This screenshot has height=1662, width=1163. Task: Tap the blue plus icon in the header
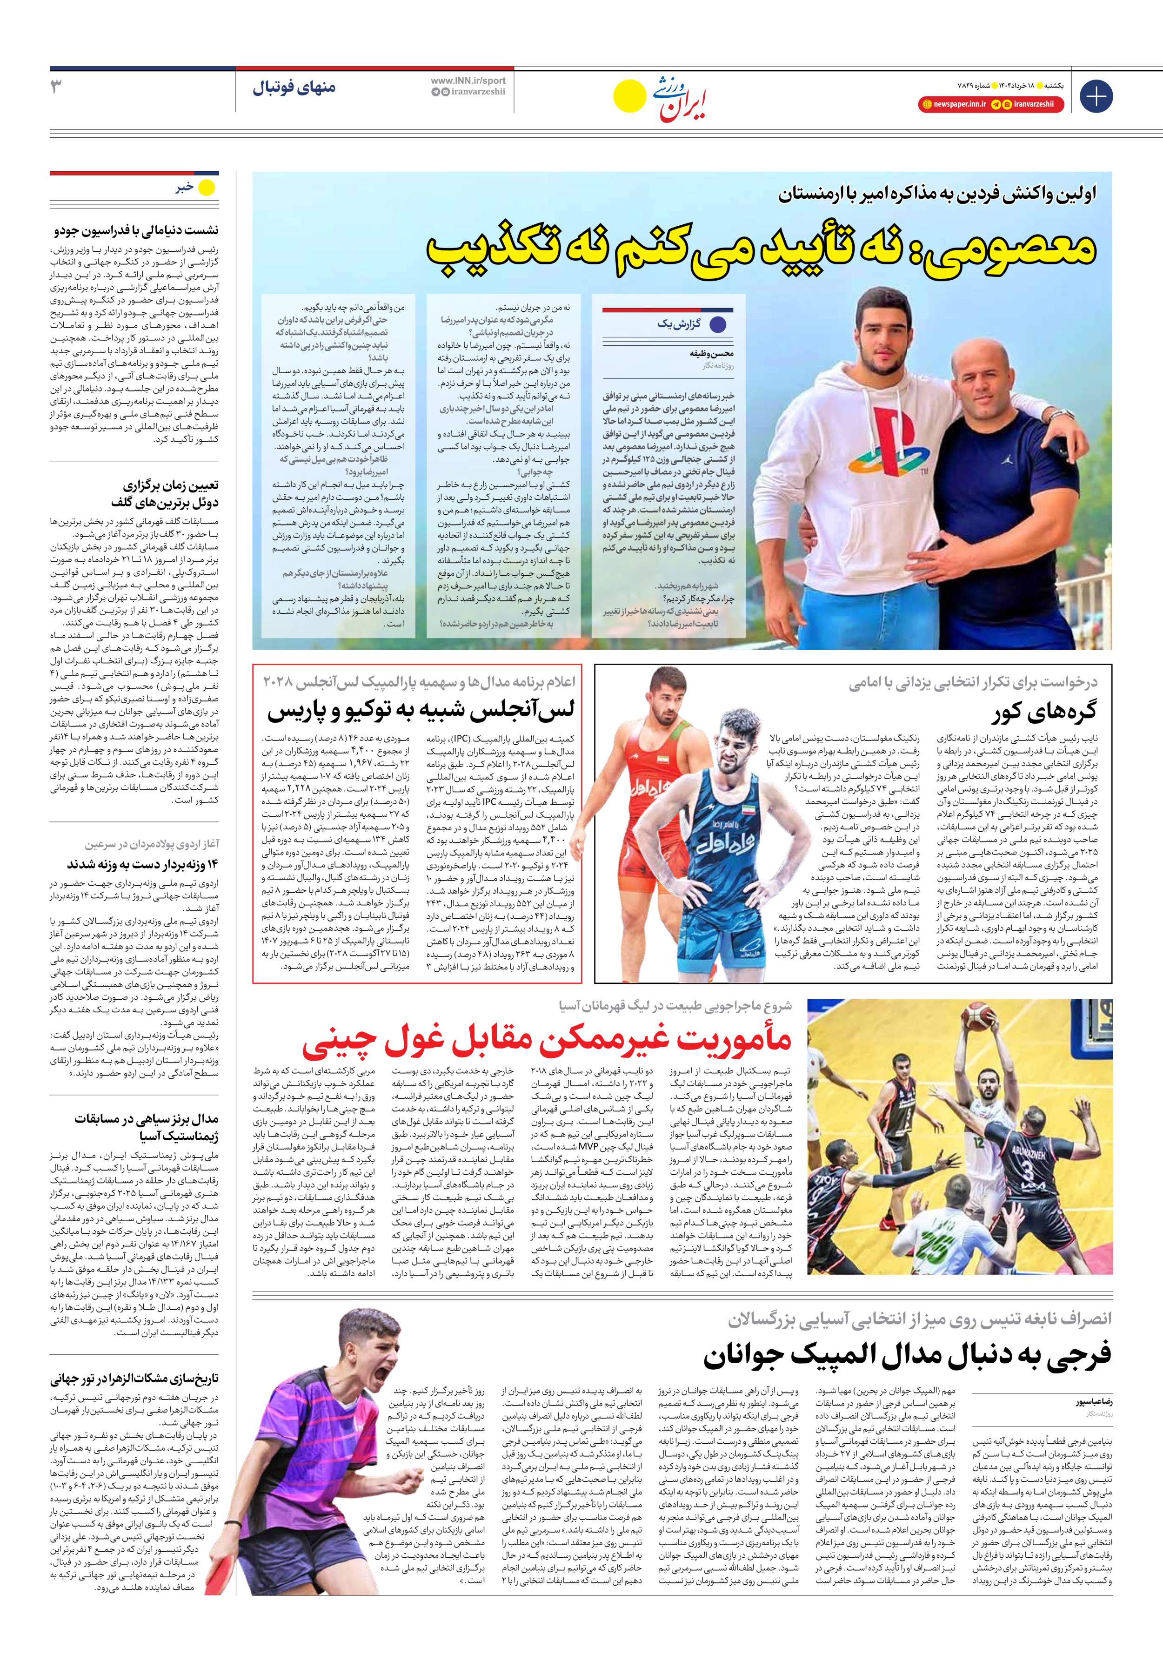point(1096,96)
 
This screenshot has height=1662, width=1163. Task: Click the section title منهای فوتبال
point(294,87)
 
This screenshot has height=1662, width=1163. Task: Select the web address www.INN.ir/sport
point(468,81)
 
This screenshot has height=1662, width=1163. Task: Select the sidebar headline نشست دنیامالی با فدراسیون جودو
point(136,230)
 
